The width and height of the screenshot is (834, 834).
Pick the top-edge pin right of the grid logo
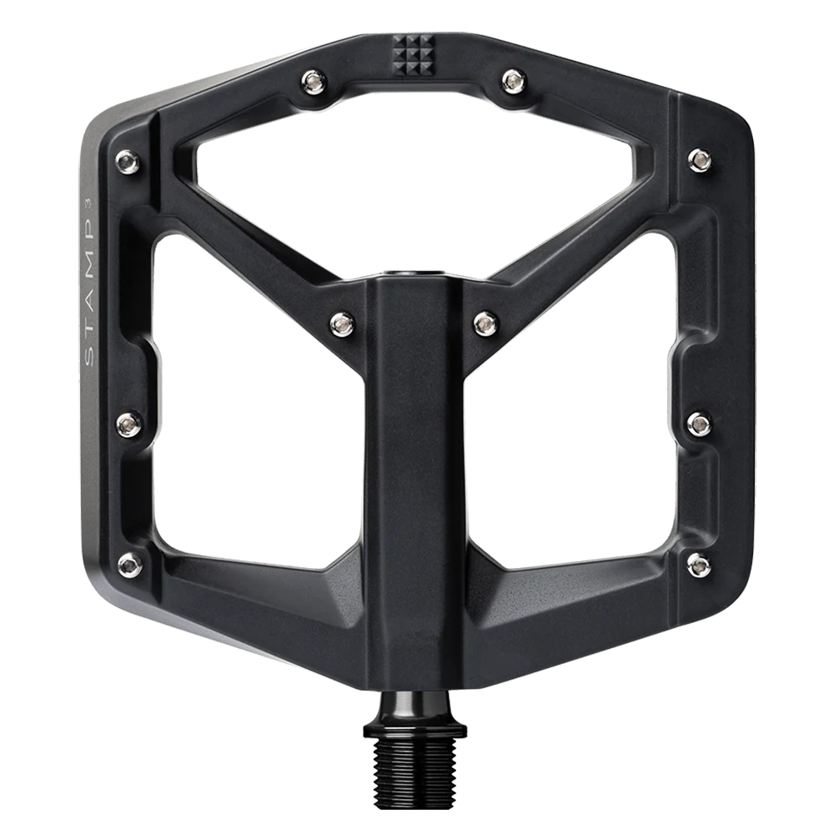(x=512, y=80)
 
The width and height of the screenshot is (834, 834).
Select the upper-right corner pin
(x=700, y=158)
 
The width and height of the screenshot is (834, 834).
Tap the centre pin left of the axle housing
(x=342, y=322)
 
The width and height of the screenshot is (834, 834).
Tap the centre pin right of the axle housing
(x=485, y=322)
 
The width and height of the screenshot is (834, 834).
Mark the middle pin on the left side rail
(x=127, y=425)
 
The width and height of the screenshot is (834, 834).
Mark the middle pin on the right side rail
(x=699, y=424)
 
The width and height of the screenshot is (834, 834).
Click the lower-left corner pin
(x=129, y=564)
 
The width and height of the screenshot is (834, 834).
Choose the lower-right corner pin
(x=699, y=564)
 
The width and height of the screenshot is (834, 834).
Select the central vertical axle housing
(x=414, y=467)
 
